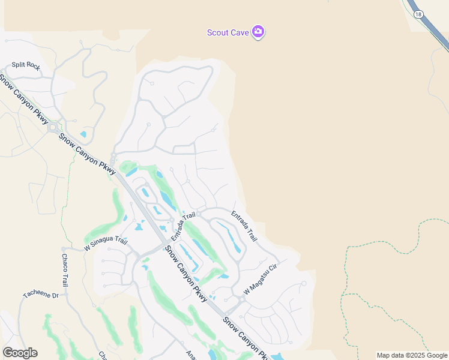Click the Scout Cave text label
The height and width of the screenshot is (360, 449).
228,32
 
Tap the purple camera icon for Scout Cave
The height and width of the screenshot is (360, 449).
258,32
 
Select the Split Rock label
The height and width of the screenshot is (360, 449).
25,66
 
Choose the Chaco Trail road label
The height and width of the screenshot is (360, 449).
65,270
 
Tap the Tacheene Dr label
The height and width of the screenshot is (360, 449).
41,295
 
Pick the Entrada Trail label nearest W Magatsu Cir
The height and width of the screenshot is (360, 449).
244,226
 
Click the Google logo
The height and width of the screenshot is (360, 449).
20,353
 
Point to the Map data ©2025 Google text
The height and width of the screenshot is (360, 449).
412,355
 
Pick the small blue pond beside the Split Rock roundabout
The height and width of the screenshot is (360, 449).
83,134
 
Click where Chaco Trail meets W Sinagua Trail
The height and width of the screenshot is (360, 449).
63,248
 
